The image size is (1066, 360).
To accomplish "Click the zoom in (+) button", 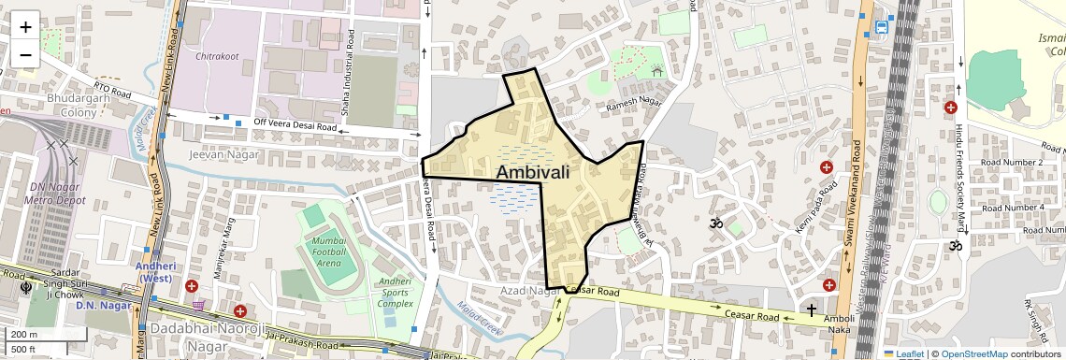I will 25,26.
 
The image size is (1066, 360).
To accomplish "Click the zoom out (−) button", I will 25,54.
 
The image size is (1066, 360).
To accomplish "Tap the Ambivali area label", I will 532,172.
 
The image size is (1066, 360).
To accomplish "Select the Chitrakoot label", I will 217,56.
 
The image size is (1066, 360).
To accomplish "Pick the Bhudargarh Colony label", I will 58,105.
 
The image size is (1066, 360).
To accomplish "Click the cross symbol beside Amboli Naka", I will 812,310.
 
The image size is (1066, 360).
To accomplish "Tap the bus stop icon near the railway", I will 882,27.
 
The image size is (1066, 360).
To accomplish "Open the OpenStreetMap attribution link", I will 974,353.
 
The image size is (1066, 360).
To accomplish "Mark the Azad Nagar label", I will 529,293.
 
